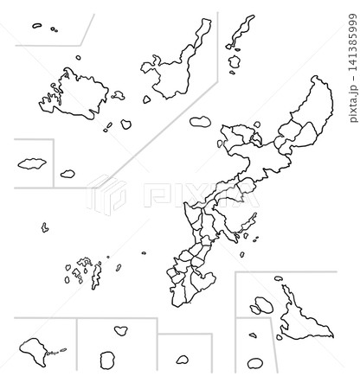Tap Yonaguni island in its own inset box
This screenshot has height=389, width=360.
[32, 163]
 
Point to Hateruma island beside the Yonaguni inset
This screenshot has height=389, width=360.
[67, 174]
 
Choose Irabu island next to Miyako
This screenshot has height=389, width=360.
[264, 305]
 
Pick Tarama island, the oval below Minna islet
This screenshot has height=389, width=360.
[255, 364]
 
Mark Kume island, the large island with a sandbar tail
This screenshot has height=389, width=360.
[33, 352]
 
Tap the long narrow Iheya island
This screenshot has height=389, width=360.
[241, 30]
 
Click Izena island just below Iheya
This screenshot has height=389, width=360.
[235, 61]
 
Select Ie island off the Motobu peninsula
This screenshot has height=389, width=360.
[200, 122]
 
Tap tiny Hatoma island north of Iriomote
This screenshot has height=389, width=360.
[78, 58]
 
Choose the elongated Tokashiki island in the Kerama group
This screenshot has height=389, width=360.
[96, 277]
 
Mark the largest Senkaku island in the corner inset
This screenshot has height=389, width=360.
[37, 26]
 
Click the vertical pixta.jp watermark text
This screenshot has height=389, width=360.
[353, 68]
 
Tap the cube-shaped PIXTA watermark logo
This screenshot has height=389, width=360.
[106, 194]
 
